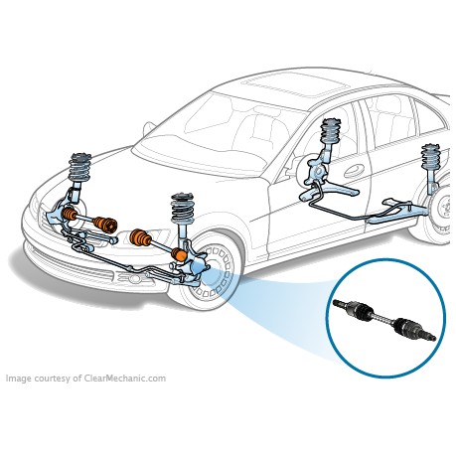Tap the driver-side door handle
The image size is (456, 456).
(354, 171)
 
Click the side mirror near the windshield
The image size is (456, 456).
(149, 128)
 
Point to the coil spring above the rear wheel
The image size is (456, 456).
(430, 156)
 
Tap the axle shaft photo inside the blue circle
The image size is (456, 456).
(384, 320)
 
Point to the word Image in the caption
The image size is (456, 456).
(19, 379)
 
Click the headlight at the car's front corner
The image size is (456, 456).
(35, 206)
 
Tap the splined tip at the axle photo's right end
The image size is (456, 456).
(430, 337)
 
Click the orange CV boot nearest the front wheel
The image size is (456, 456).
(180, 254)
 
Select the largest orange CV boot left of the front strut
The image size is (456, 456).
(140, 237)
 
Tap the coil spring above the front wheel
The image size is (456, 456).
(182, 209)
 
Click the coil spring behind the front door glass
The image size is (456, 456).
(331, 130)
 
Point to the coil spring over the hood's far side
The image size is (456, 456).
(79, 167)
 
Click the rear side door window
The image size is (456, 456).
(390, 118)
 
